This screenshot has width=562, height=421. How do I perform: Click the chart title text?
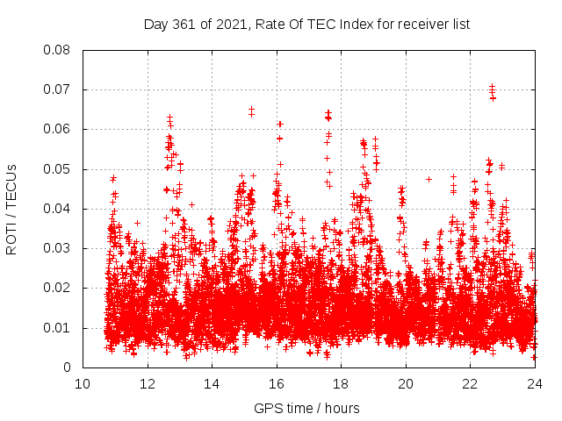(307, 25)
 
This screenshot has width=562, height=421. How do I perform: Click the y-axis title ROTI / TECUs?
(11, 209)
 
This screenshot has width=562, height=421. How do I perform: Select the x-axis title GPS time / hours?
(306, 408)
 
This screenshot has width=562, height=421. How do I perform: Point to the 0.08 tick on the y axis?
(58, 50)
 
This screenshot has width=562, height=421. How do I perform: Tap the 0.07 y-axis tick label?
(58, 89)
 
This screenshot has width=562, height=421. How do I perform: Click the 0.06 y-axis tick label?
(58, 129)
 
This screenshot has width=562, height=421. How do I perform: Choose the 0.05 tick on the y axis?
(58, 169)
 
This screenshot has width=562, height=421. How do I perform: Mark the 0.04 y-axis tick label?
(58, 209)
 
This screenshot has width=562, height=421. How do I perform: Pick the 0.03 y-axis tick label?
(58, 248)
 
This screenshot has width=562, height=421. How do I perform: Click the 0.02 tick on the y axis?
(58, 289)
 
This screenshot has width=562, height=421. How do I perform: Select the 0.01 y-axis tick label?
(58, 328)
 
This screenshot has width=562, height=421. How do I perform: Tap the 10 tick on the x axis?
(83, 383)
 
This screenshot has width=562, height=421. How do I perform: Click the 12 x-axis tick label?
(148, 383)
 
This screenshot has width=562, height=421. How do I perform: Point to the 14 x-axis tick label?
(212, 383)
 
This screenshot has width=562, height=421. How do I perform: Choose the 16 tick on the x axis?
(277, 383)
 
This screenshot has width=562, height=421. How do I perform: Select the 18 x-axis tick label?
(341, 383)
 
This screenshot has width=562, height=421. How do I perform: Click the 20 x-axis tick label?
(406, 383)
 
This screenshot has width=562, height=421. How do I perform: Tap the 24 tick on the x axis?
(535, 383)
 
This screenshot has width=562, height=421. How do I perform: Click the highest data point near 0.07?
(492, 87)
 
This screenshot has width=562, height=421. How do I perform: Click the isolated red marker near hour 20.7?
(429, 179)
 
